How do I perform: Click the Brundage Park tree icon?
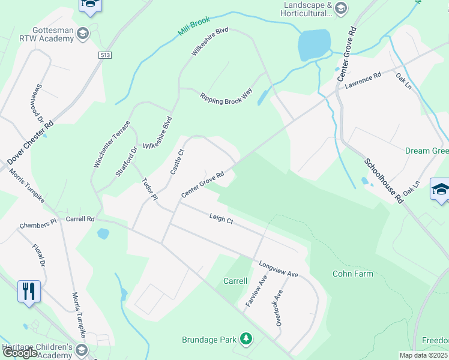tap(246, 340)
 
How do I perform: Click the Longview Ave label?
tap(279, 269)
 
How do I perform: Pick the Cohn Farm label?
tap(353, 274)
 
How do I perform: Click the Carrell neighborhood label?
tap(235, 281)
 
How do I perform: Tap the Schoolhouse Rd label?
tap(383, 182)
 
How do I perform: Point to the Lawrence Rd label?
tap(363, 81)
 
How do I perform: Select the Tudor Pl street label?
tap(149, 189)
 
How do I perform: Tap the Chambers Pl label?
tap(37, 226)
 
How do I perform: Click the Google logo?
tap(21, 353)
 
